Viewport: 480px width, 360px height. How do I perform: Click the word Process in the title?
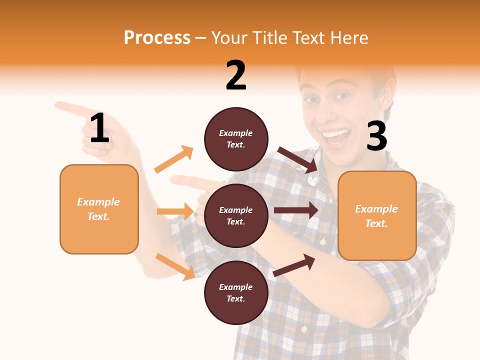coord(157,38)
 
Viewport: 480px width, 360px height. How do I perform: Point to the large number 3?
coord(376,137)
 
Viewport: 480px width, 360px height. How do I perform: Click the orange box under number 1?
coord(99,209)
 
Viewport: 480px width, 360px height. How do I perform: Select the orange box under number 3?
coord(377,215)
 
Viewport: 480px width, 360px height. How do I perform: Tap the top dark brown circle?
coord(236,139)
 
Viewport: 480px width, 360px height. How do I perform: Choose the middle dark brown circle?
coord(236,215)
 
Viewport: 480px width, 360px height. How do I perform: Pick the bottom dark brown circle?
coord(236,292)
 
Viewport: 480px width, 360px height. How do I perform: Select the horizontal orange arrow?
coord(175,211)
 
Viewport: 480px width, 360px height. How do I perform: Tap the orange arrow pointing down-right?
coord(175,266)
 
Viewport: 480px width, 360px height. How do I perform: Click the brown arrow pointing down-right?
coord(298,160)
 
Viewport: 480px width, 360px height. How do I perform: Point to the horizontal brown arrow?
coord(296,210)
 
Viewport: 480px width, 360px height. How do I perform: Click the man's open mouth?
coord(335,136)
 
